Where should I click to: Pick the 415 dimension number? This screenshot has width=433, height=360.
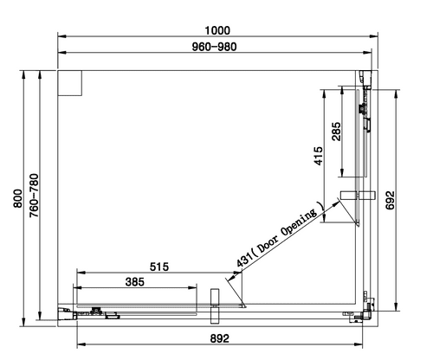pyautogui.click(x=319, y=156)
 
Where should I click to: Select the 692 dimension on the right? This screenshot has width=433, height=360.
pyautogui.click(x=391, y=200)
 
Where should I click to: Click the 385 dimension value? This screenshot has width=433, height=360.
pyautogui.click(x=133, y=282)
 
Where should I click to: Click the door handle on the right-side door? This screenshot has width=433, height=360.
pyautogui.click(x=355, y=195)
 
